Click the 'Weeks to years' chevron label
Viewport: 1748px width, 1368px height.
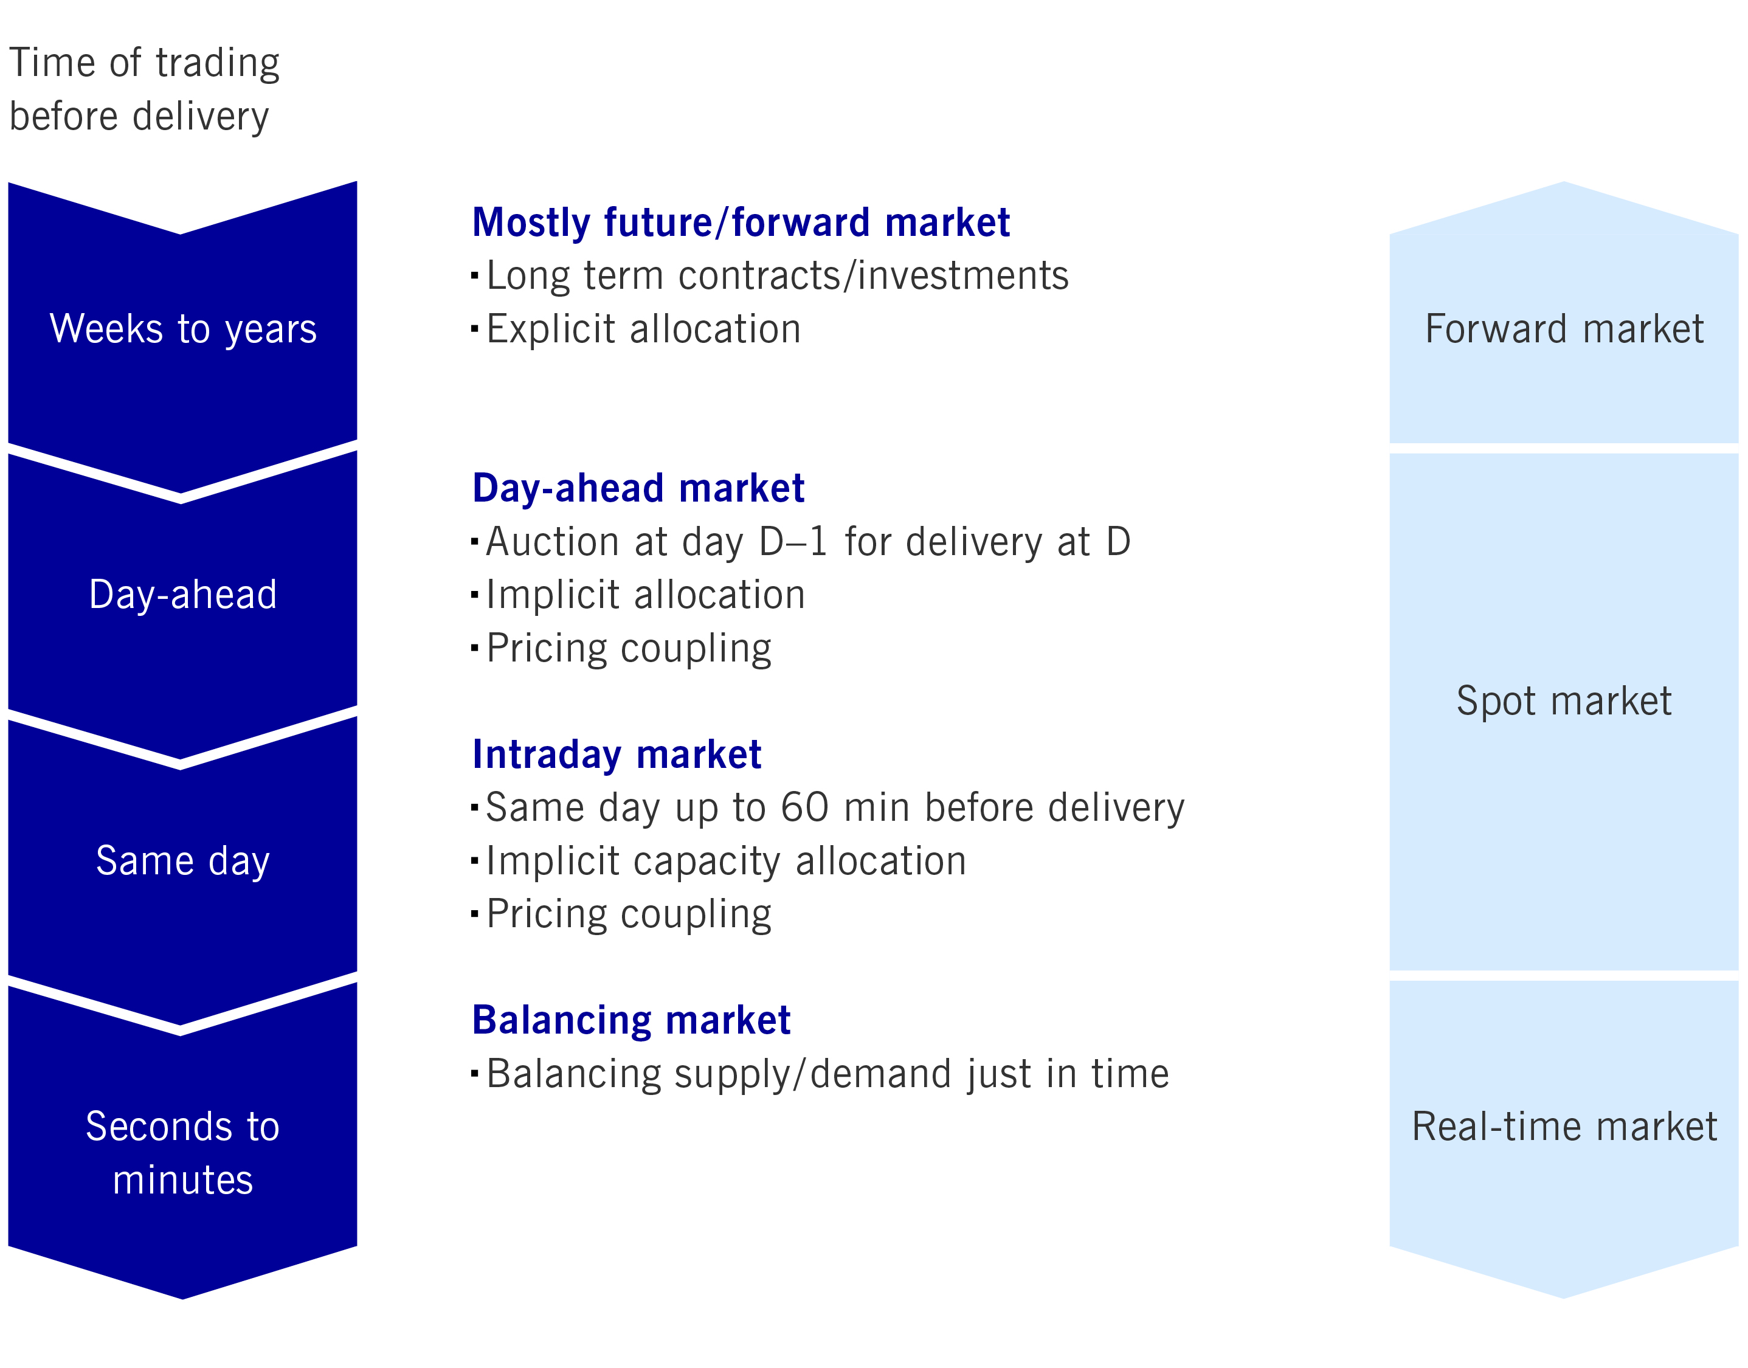point(184,329)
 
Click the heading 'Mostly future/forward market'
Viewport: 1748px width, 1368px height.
point(741,222)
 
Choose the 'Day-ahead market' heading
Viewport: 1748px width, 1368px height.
point(638,488)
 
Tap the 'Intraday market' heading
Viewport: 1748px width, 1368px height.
point(617,755)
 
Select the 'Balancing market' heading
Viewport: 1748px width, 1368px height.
point(631,1020)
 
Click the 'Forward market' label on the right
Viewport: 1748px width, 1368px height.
point(1564,329)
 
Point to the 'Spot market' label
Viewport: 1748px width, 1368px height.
point(1564,702)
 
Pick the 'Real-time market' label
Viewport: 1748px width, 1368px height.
point(1564,1127)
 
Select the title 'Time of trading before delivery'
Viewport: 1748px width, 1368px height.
point(144,90)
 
